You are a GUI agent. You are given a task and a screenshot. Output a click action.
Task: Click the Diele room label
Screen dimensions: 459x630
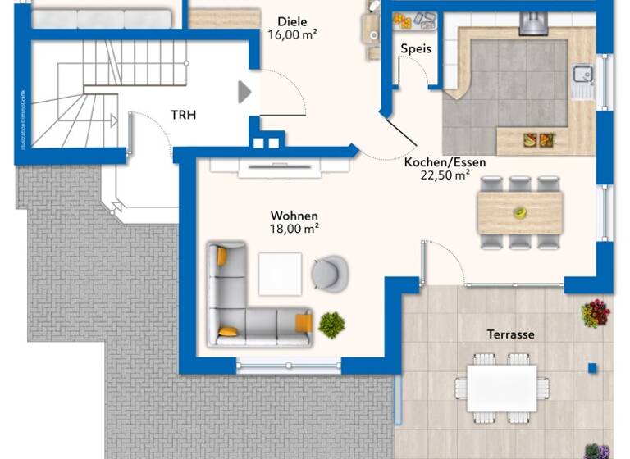click(x=291, y=21)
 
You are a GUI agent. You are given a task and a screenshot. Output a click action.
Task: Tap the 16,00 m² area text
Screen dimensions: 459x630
click(x=292, y=34)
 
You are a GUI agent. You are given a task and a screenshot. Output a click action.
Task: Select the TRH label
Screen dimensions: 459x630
click(x=183, y=115)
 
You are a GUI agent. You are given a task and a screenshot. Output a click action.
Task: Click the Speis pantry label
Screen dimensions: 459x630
click(x=416, y=49)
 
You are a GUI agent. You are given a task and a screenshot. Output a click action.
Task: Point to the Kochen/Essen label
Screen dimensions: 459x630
click(x=445, y=162)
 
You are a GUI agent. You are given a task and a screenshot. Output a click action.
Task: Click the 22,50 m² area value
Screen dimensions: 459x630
click(x=445, y=175)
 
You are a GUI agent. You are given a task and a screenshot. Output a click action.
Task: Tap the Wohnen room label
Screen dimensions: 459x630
click(x=294, y=216)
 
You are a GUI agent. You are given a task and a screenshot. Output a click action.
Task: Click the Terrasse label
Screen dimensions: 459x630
click(x=510, y=334)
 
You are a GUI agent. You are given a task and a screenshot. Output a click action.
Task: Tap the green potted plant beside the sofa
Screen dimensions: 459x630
click(x=331, y=325)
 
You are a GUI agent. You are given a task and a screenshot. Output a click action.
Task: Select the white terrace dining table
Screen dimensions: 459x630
click(x=501, y=388)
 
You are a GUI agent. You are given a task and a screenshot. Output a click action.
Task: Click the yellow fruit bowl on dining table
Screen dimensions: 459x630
click(x=519, y=212)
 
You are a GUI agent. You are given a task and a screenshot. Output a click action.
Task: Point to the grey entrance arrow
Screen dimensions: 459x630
click(x=244, y=92)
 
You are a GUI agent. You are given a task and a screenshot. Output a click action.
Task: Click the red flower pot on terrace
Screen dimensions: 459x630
click(x=595, y=313)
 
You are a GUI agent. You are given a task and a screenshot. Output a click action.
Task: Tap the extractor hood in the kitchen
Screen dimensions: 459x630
click(x=532, y=24)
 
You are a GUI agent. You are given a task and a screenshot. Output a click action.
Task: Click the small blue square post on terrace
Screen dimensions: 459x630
click(x=591, y=367)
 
